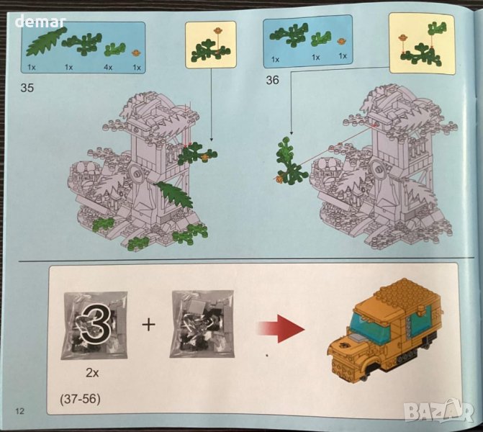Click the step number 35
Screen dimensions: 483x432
coord(27,88)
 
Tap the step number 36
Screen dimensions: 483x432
coord(272,80)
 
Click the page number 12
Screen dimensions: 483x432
coord(19,410)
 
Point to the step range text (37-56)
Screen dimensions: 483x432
coord(80,400)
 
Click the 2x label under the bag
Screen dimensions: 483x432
coord(92,373)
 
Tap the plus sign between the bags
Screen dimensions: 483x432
coord(148,324)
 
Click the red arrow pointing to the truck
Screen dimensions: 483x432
coord(281,328)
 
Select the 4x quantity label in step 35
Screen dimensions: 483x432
coord(108,67)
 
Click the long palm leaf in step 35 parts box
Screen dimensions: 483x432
coord(45,42)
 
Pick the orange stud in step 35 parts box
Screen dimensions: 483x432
coord(137,53)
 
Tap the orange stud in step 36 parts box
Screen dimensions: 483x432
coord(341,41)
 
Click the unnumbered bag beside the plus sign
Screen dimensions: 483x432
coord(202,324)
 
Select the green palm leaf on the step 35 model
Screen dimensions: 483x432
coord(175,194)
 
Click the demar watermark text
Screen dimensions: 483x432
coord(40,22)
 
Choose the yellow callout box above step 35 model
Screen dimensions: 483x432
coord(211,45)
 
